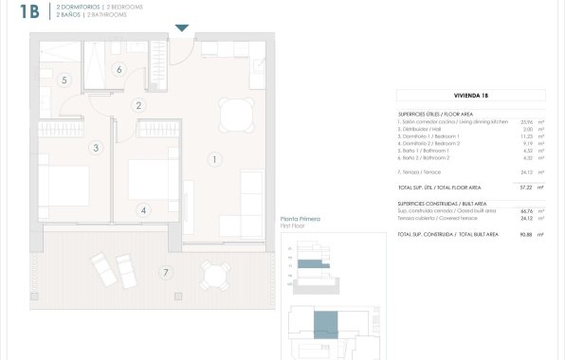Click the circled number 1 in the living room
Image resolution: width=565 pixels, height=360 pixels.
[x=216, y=159]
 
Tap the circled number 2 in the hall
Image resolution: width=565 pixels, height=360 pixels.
[x=138, y=105]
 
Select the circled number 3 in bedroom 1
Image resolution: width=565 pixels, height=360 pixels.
[x=96, y=148]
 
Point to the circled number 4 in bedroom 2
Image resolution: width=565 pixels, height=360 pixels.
[x=143, y=210]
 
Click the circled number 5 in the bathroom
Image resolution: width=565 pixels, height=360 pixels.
[x=64, y=81]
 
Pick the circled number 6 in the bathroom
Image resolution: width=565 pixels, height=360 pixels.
[x=119, y=68]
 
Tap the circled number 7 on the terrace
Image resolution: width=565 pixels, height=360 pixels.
[x=165, y=273]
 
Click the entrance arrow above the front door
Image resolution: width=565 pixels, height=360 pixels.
[x=182, y=28]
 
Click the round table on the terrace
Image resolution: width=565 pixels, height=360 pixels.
[x=217, y=275]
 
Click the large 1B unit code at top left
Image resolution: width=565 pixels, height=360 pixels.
[x=29, y=11]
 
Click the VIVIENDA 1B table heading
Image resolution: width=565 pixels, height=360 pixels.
[x=471, y=96]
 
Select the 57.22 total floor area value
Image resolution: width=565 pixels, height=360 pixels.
[x=526, y=188]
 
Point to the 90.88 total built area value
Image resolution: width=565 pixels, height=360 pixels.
[x=526, y=234]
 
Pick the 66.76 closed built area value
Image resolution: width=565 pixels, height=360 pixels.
[x=526, y=211]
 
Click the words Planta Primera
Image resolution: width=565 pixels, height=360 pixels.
[x=301, y=219]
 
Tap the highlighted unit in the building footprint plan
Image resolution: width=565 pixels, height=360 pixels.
[x=325, y=324]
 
